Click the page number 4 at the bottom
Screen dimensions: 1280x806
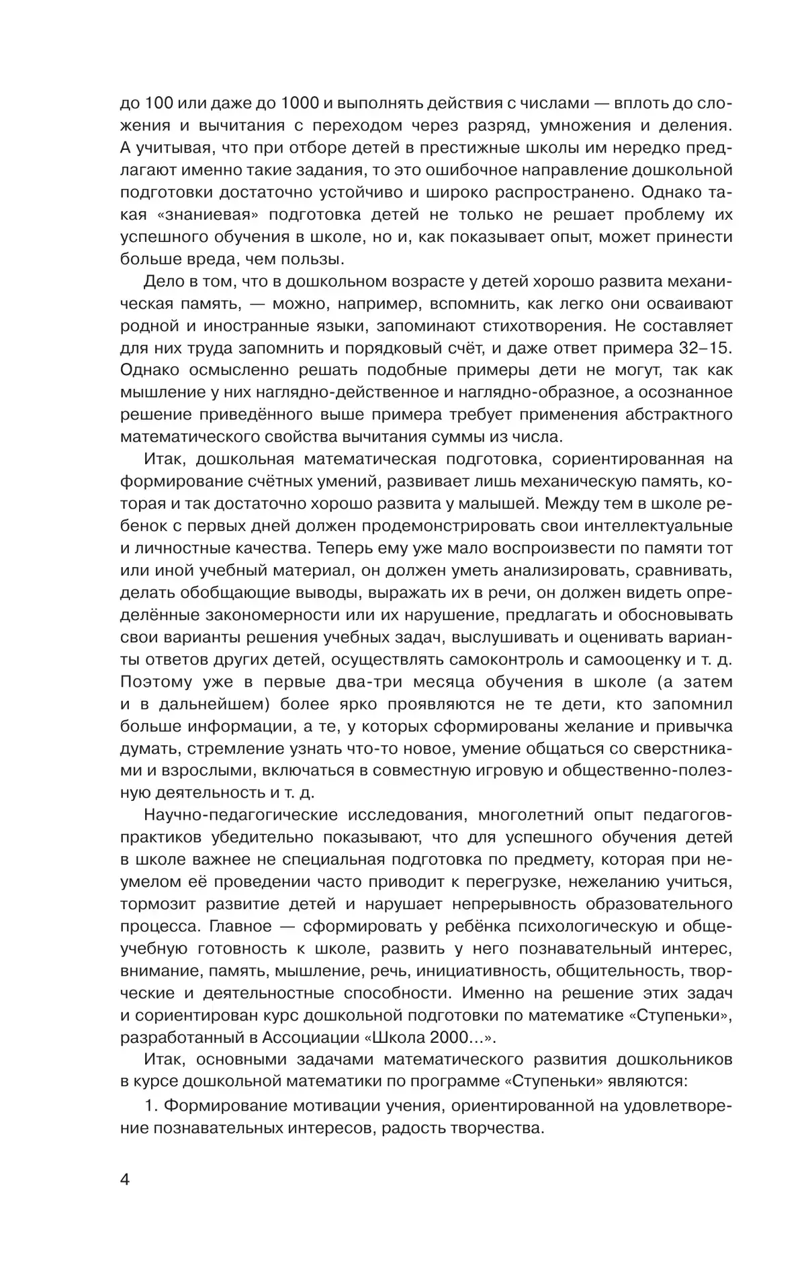pyautogui.click(x=125, y=1199)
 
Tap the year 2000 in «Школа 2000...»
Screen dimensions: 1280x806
pyautogui.click(x=448, y=1037)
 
